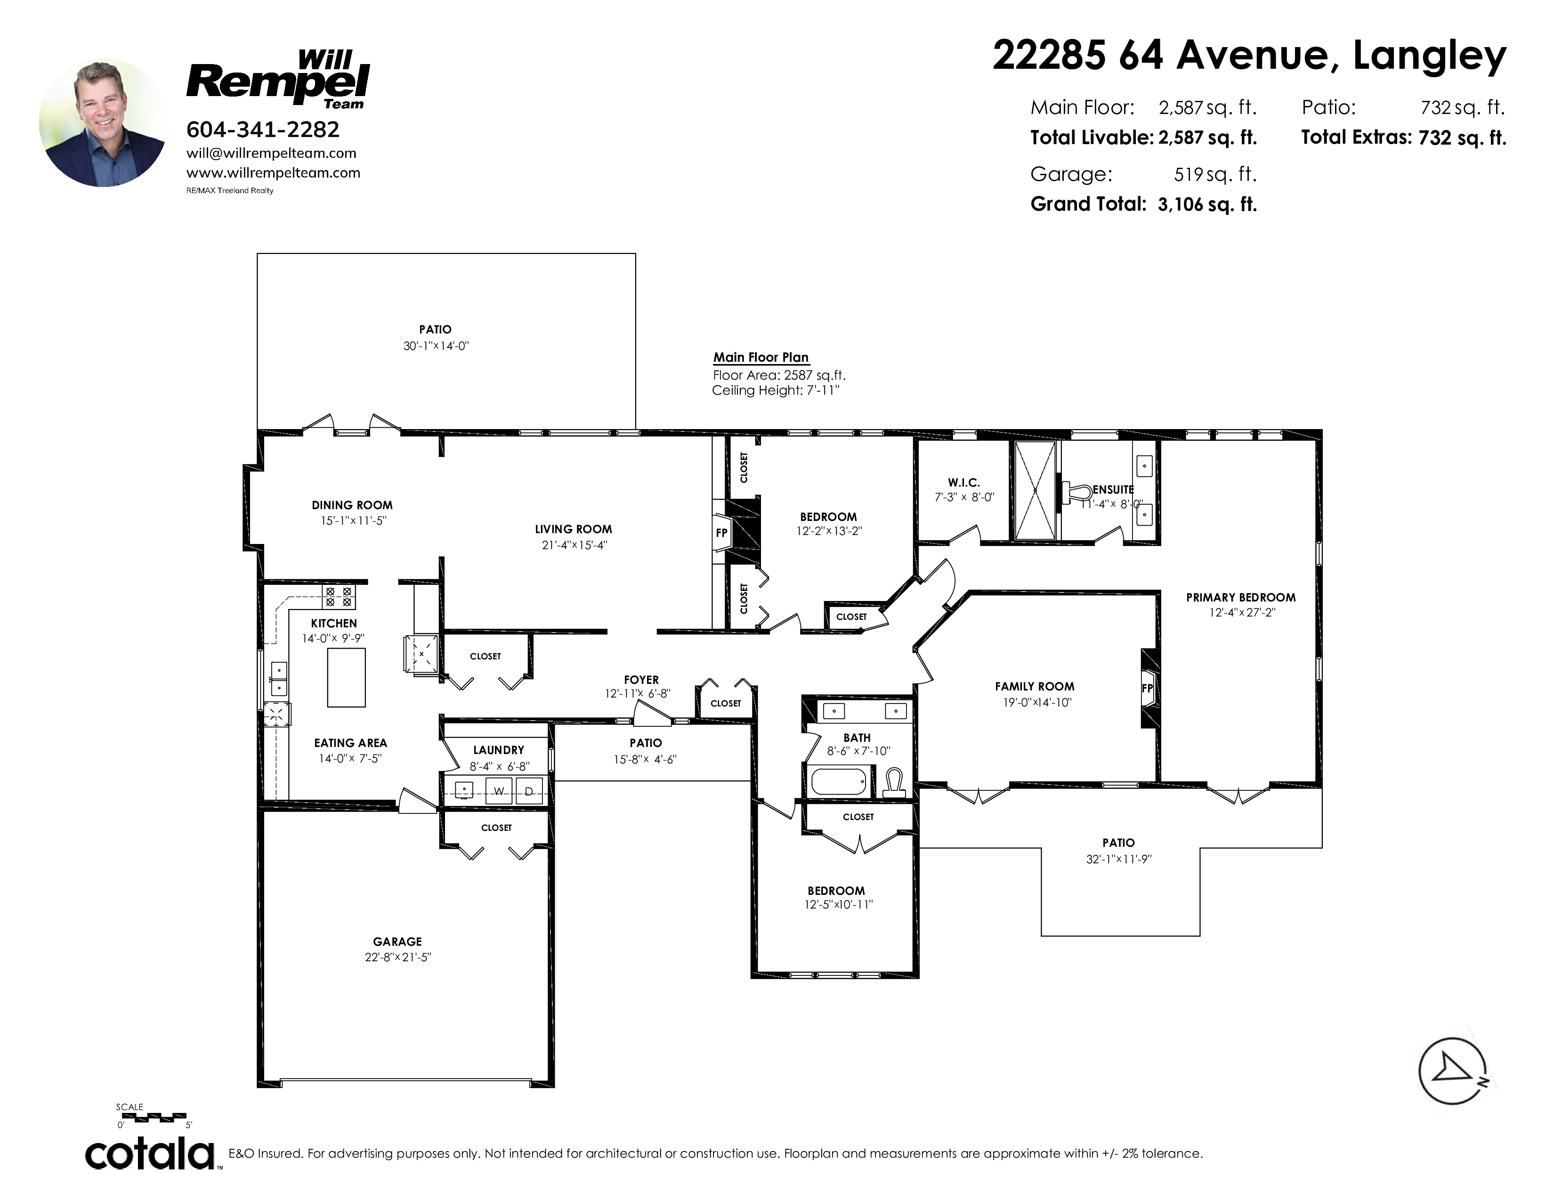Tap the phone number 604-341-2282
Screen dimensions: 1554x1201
(x=263, y=130)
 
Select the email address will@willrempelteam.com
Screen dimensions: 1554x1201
(x=271, y=153)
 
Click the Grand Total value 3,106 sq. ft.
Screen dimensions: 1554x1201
(x=1207, y=205)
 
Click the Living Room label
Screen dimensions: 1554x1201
(x=574, y=529)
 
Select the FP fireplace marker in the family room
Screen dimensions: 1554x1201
(x=1147, y=688)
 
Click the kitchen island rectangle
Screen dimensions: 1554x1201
(x=347, y=677)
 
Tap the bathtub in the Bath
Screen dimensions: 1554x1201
(x=840, y=782)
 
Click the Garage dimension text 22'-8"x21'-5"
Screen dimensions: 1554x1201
(x=398, y=958)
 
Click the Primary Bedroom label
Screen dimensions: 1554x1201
(x=1241, y=598)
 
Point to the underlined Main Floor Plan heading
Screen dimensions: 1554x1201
(x=761, y=358)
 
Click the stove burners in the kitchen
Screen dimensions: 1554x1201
(x=339, y=596)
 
